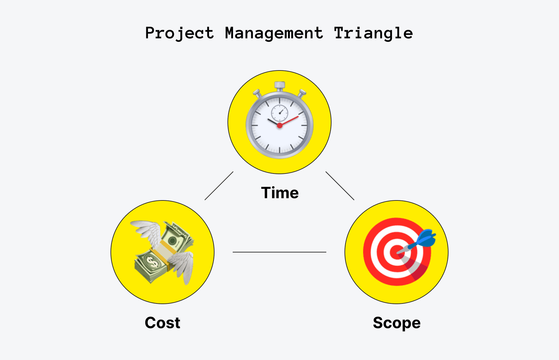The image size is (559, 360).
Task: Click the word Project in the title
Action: tap(179, 33)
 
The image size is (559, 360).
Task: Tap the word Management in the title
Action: tap(274, 33)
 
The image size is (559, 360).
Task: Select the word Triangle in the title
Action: tap(373, 33)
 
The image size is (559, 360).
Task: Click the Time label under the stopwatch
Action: tap(280, 193)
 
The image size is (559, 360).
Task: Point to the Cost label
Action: tap(162, 323)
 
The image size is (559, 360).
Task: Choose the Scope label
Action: tap(396, 323)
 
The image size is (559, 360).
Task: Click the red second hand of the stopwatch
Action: tap(290, 120)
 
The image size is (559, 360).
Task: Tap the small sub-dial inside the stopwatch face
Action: tap(279, 113)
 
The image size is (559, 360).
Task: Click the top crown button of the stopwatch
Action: tap(279, 85)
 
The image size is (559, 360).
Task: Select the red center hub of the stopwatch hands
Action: tap(279, 125)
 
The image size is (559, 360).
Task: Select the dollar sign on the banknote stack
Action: tap(152, 262)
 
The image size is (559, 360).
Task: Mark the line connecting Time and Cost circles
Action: tap(219, 186)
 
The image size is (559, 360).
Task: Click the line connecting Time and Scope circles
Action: tap(340, 186)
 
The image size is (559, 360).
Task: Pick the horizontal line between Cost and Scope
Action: tap(279, 252)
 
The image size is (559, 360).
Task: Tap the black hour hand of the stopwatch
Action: tap(273, 122)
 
